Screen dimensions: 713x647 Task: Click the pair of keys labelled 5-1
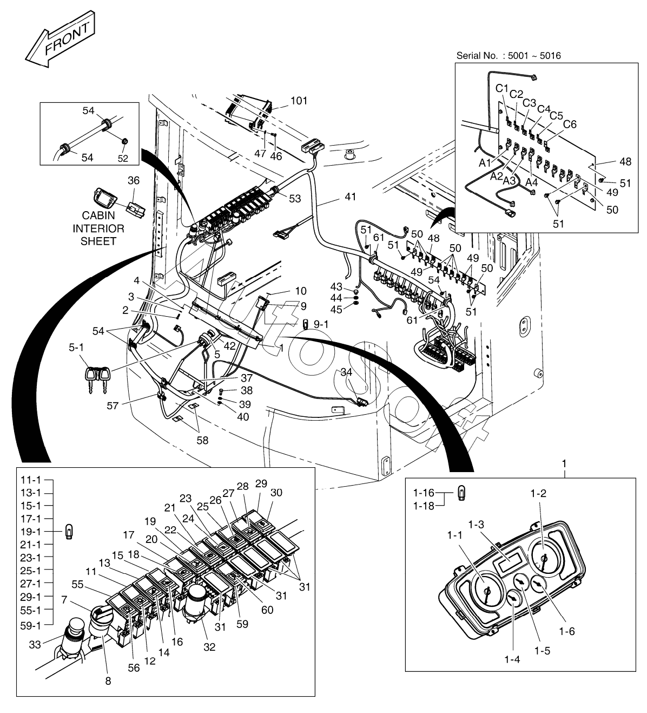[x=98, y=376]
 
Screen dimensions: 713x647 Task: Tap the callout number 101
[x=299, y=101]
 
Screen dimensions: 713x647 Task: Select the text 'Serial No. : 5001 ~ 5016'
[x=509, y=55]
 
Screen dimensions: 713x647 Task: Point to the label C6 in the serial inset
[x=570, y=124]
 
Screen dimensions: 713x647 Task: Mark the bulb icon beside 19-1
[x=69, y=531]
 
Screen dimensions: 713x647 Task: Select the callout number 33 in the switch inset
[x=34, y=644]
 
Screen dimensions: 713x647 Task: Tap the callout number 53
[x=295, y=199]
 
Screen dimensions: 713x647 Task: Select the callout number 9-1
[x=321, y=324]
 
